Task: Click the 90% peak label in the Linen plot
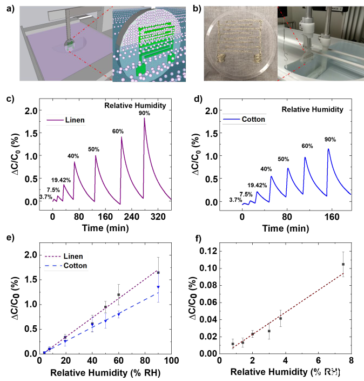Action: (x=144, y=113)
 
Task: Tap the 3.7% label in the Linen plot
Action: (x=31, y=197)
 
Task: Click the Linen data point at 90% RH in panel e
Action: (x=158, y=272)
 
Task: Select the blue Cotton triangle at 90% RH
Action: (x=158, y=287)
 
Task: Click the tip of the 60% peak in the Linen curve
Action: (x=122, y=137)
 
